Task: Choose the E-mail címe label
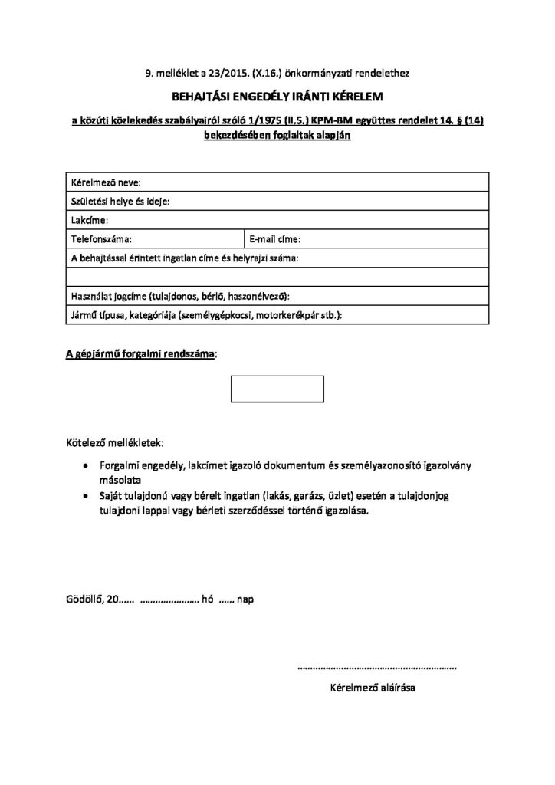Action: (275, 238)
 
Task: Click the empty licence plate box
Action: (277, 388)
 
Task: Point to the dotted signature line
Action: (376, 668)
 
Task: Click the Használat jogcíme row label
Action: (180, 296)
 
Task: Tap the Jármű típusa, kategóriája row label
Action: (206, 314)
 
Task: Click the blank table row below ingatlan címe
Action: (277, 276)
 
